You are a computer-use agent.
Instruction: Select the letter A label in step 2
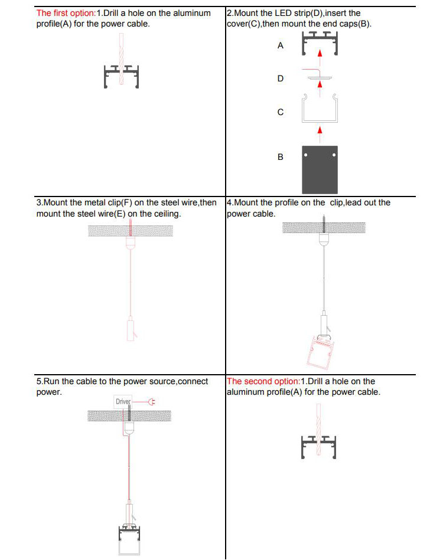point(281,45)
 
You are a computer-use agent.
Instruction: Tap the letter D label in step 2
point(281,78)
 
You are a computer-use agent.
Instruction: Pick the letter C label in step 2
point(281,112)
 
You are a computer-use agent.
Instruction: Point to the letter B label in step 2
point(281,157)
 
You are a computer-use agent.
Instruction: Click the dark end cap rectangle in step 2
point(320,169)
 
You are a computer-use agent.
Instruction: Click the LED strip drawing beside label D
point(319,77)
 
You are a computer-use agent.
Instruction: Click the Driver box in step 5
point(123,402)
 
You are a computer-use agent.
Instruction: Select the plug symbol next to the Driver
point(151,402)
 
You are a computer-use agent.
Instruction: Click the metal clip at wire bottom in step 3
point(130,329)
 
